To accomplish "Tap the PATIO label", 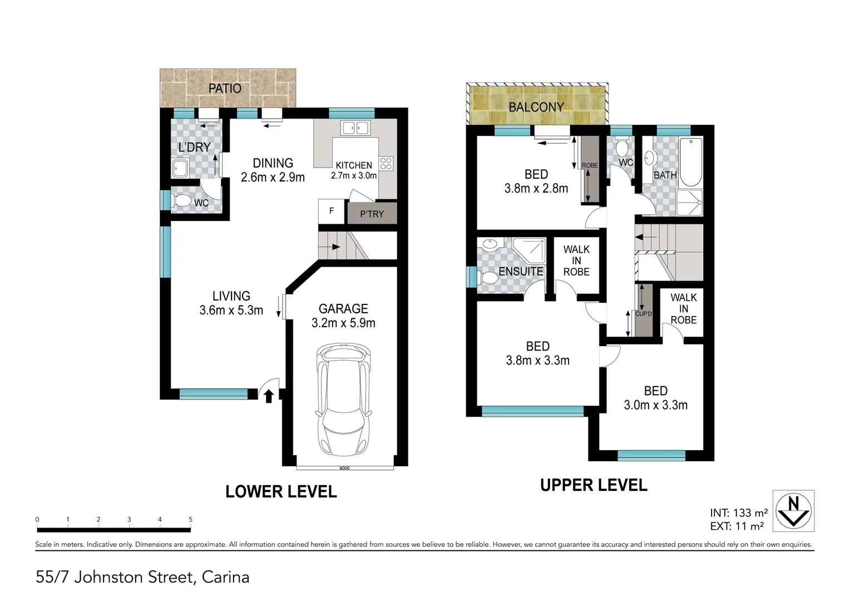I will point(225,88).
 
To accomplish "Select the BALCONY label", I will point(536,107).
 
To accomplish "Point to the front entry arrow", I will point(269,396).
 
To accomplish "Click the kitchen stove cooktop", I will point(386,164).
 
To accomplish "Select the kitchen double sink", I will point(356,128).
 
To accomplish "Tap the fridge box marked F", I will point(332,211).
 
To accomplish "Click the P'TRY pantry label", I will point(372,214).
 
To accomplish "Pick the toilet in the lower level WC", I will point(181,201).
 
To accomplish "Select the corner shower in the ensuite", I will point(528,251).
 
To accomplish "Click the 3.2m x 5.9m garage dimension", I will point(343,323).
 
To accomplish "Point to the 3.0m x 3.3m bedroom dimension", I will point(655,405).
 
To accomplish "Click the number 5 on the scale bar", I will point(190,520).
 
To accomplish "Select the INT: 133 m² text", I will point(739,513).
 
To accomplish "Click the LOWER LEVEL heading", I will point(281,491).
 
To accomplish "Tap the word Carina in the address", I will point(225,577).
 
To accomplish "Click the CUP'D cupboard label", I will point(644,314).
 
